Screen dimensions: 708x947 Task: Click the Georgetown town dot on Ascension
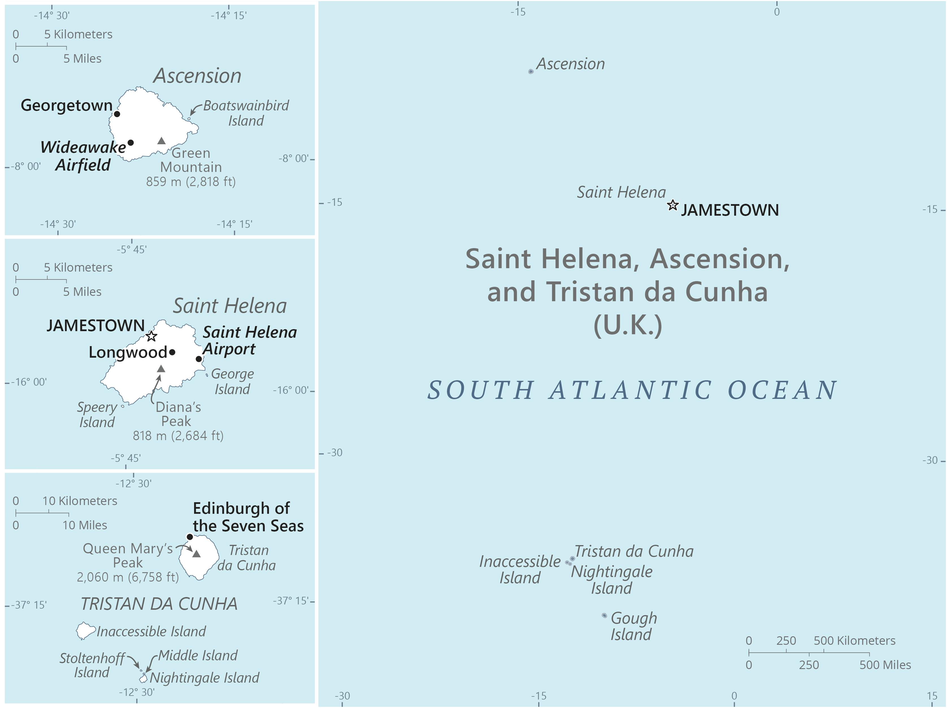(117, 114)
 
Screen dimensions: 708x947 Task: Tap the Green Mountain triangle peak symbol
(161, 141)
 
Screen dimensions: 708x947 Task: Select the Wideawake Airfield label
(83, 156)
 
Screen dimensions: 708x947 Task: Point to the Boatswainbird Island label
(246, 113)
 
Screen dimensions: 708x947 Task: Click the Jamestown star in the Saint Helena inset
(151, 336)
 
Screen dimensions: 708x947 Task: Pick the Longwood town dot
(172, 352)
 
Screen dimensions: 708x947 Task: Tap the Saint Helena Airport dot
(199, 359)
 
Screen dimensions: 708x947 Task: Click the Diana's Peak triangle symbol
(161, 369)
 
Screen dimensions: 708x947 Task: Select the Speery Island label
(97, 414)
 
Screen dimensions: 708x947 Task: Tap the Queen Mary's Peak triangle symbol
(197, 554)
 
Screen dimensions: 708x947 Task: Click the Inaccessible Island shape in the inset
(85, 631)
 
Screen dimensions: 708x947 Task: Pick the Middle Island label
(198, 655)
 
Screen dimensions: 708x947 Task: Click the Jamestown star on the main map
(673, 205)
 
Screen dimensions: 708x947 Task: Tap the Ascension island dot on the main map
(531, 71)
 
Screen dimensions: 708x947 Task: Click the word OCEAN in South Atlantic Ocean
(782, 390)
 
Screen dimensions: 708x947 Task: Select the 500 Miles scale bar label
(885, 665)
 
